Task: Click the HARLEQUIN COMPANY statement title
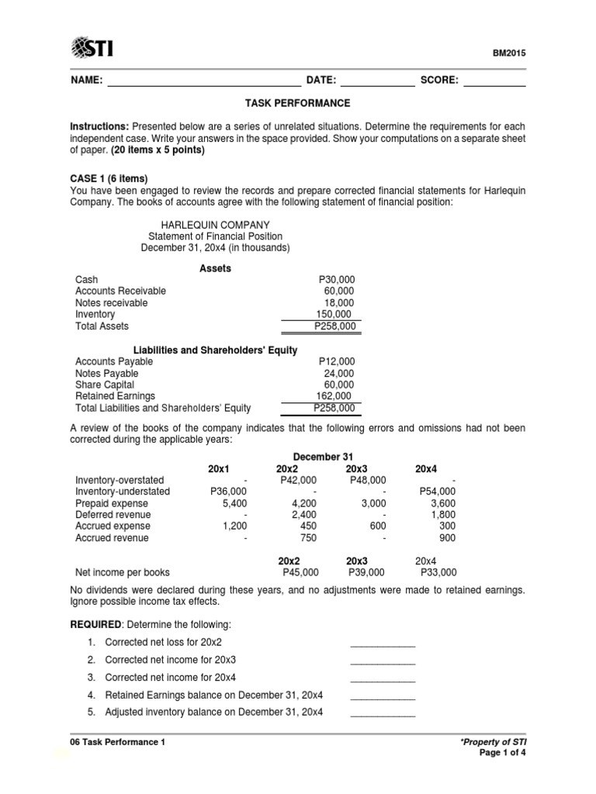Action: [215, 224]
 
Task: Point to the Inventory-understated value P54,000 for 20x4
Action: [438, 491]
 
